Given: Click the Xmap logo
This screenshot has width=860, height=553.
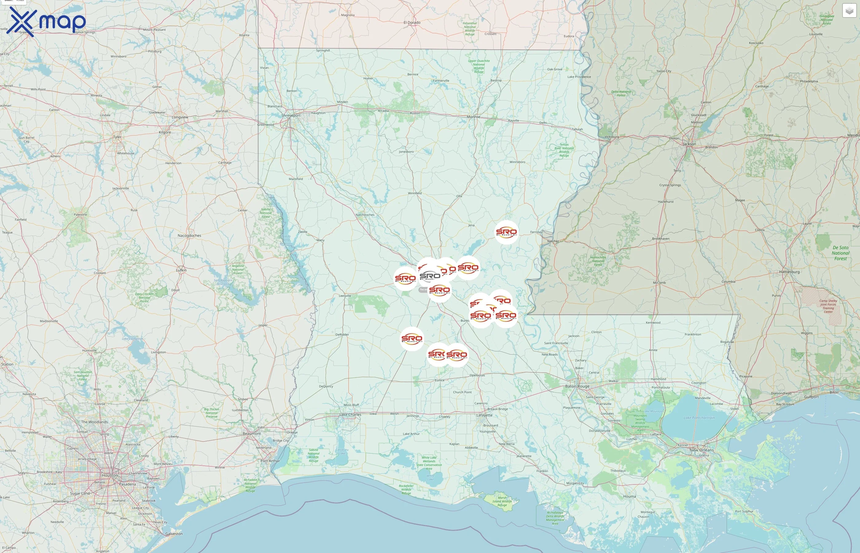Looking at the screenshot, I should click(46, 22).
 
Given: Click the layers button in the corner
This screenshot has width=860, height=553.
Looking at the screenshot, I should click(849, 11).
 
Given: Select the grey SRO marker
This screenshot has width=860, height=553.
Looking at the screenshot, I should click(430, 276).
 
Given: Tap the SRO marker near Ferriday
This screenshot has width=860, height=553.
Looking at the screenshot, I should click(506, 232).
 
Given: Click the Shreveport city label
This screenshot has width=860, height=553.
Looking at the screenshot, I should click(291, 116).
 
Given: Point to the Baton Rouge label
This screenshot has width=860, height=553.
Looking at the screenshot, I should click(577, 386).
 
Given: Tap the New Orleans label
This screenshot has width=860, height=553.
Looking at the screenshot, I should click(702, 450).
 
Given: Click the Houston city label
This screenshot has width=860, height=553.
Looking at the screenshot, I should click(109, 476).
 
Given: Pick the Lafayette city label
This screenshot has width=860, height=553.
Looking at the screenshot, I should click(484, 415).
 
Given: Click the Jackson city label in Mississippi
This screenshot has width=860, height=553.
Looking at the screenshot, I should click(689, 144).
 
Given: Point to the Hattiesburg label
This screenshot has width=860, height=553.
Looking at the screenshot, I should click(789, 272).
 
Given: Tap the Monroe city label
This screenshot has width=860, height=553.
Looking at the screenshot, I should click(473, 117).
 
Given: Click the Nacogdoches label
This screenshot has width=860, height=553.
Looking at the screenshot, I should click(189, 236).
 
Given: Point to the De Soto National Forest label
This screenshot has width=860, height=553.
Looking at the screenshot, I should click(840, 253).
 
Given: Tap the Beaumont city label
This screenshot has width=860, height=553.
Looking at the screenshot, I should click(252, 433).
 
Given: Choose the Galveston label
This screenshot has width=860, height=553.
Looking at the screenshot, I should click(174, 534).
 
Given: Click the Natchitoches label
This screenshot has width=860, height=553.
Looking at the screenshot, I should click(365, 215).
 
